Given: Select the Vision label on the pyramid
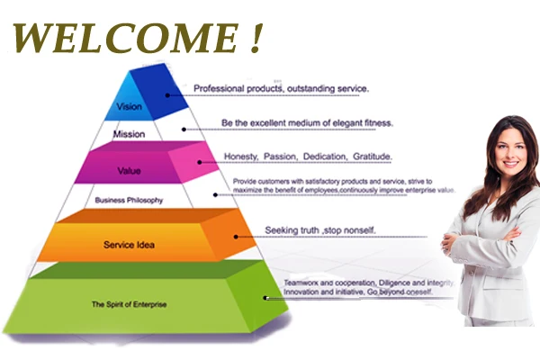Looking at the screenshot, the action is tap(130, 105).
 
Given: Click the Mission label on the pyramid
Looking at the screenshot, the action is tap(129, 134).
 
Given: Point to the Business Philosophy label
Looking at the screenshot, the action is tap(129, 200).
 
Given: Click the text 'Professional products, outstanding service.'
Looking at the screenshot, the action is tap(282, 88).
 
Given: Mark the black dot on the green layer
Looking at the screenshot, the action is tap(265, 297).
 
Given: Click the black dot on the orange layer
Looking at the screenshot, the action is tap(236, 237).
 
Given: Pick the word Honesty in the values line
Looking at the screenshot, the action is tap(241, 157).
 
